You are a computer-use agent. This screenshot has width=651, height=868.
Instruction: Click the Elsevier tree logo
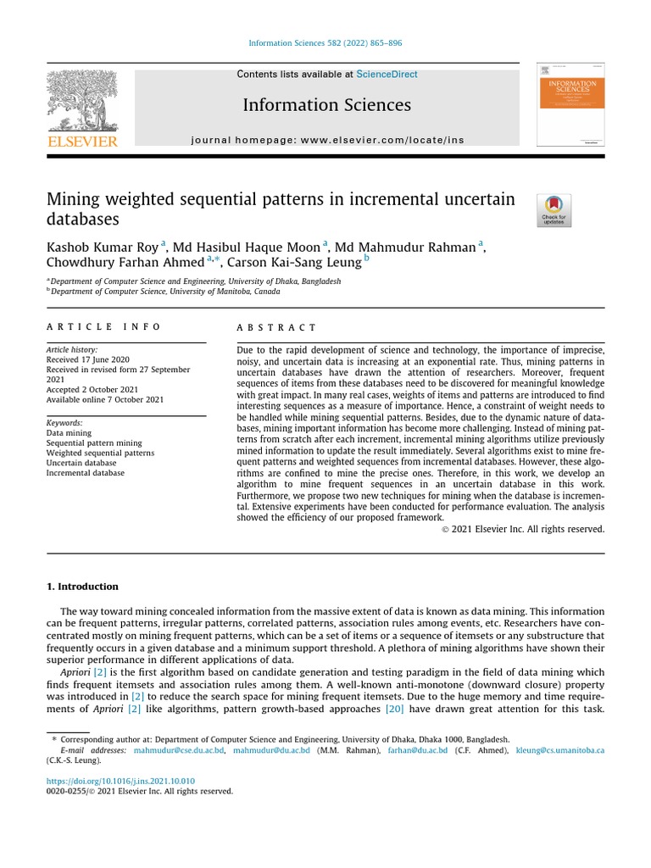tap(81, 101)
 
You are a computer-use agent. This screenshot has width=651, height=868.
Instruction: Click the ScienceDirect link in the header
tap(387, 75)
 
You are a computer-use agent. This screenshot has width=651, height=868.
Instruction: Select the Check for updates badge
tap(554, 210)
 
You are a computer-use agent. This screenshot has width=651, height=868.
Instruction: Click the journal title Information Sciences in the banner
tap(326, 105)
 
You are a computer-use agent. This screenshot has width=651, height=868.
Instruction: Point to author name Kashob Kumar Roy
tap(102, 247)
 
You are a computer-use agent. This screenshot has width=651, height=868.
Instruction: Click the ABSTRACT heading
tap(276, 327)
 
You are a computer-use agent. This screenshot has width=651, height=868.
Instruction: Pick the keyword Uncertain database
tap(81, 463)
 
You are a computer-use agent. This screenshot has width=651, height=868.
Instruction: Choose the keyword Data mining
tap(68, 432)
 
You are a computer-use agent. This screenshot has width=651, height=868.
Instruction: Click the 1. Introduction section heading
tap(82, 587)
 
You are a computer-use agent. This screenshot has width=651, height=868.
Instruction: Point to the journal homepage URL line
tap(327, 140)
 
